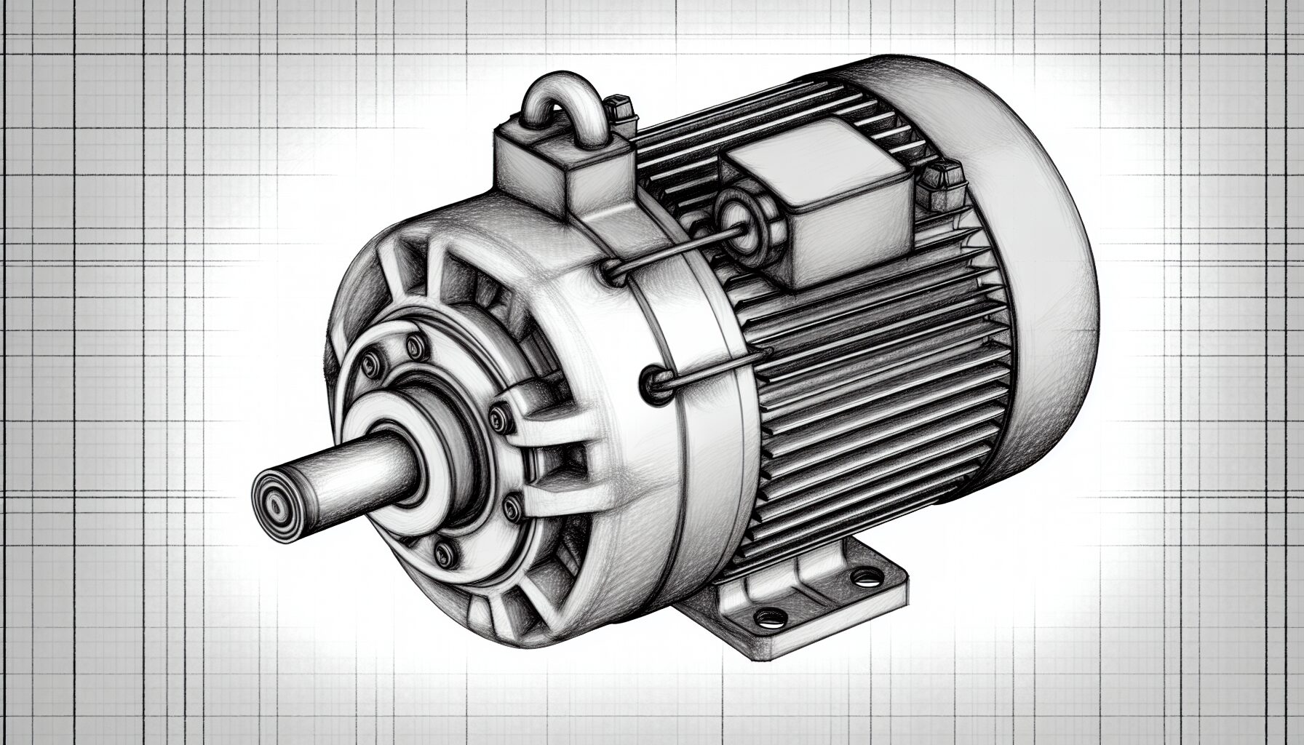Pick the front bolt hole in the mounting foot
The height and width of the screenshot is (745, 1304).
click(x=768, y=619)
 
